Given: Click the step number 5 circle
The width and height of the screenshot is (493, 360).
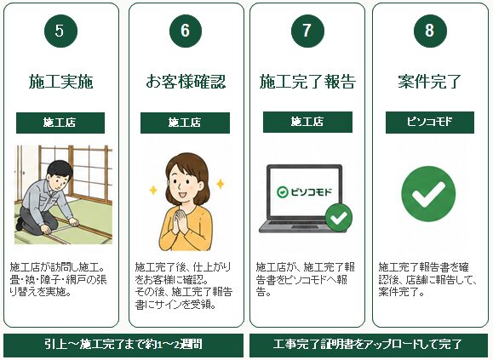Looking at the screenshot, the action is click(x=61, y=31).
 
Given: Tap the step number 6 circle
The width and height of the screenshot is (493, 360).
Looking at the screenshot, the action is click(x=186, y=31).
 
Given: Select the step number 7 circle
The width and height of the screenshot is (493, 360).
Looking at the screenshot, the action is click(x=307, y=31).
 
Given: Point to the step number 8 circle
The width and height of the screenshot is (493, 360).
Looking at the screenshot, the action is click(x=430, y=31).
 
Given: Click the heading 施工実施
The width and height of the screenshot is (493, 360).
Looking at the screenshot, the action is click(x=61, y=82).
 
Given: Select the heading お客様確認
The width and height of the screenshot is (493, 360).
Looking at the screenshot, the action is click(x=186, y=82).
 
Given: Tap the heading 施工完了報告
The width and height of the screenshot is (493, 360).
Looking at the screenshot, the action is click(x=307, y=82).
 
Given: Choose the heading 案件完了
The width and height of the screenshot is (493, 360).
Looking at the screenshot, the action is click(x=429, y=82).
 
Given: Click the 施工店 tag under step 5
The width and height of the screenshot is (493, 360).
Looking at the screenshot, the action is click(x=60, y=123).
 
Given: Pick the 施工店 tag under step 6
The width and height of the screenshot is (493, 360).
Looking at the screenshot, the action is click(x=185, y=123).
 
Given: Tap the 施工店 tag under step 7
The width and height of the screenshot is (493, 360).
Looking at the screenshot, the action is click(x=308, y=122).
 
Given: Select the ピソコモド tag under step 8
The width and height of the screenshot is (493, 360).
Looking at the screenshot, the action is click(x=430, y=123).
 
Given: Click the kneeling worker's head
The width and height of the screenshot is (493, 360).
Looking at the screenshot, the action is click(x=60, y=174).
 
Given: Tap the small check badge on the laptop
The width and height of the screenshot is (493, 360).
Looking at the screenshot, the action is click(x=339, y=217).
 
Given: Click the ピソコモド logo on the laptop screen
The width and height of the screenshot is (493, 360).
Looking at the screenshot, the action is click(x=304, y=191).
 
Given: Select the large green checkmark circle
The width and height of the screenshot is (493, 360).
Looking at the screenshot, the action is click(x=428, y=194).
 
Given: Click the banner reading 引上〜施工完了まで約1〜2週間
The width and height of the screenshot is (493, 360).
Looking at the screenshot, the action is click(x=123, y=345).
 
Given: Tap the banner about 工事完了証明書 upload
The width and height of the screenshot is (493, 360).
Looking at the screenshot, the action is click(x=369, y=345).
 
